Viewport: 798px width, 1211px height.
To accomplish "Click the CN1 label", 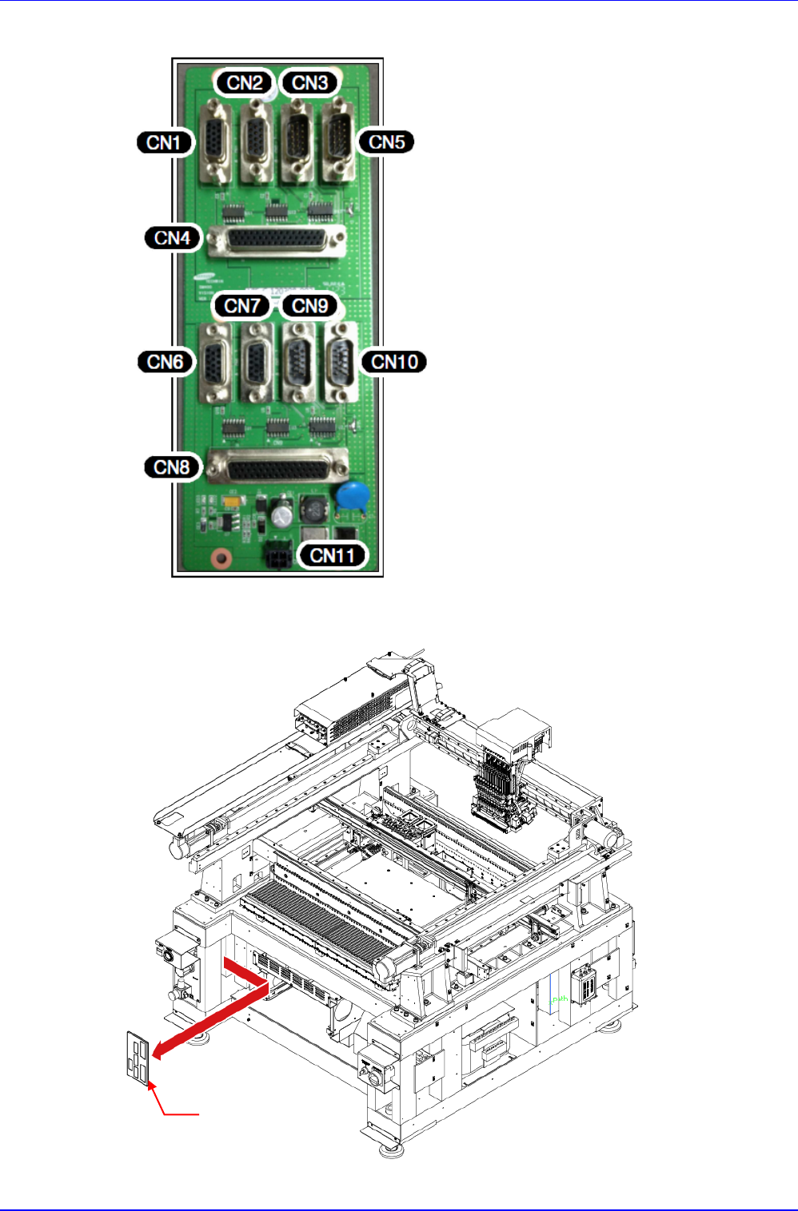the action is (x=165, y=142).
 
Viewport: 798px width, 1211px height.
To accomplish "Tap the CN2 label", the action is (x=245, y=82).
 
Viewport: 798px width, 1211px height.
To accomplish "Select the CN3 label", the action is (x=309, y=82).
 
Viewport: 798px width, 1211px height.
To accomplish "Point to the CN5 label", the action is (x=386, y=141).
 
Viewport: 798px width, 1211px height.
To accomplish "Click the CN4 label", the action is (x=172, y=237).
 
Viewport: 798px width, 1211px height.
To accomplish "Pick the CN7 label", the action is (x=241, y=305).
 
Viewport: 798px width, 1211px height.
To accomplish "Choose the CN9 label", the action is (x=309, y=305).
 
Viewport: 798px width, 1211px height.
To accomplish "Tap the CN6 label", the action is (x=166, y=361).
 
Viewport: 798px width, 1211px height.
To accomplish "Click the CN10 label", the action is (x=394, y=361).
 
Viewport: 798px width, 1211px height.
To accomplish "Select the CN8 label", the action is (x=172, y=467).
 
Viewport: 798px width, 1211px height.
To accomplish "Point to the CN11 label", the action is (x=332, y=554).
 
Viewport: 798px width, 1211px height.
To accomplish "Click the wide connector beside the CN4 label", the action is (x=277, y=240).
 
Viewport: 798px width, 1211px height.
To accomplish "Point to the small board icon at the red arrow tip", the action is (x=138, y=1058).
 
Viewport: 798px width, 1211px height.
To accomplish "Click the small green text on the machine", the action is (x=560, y=999).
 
